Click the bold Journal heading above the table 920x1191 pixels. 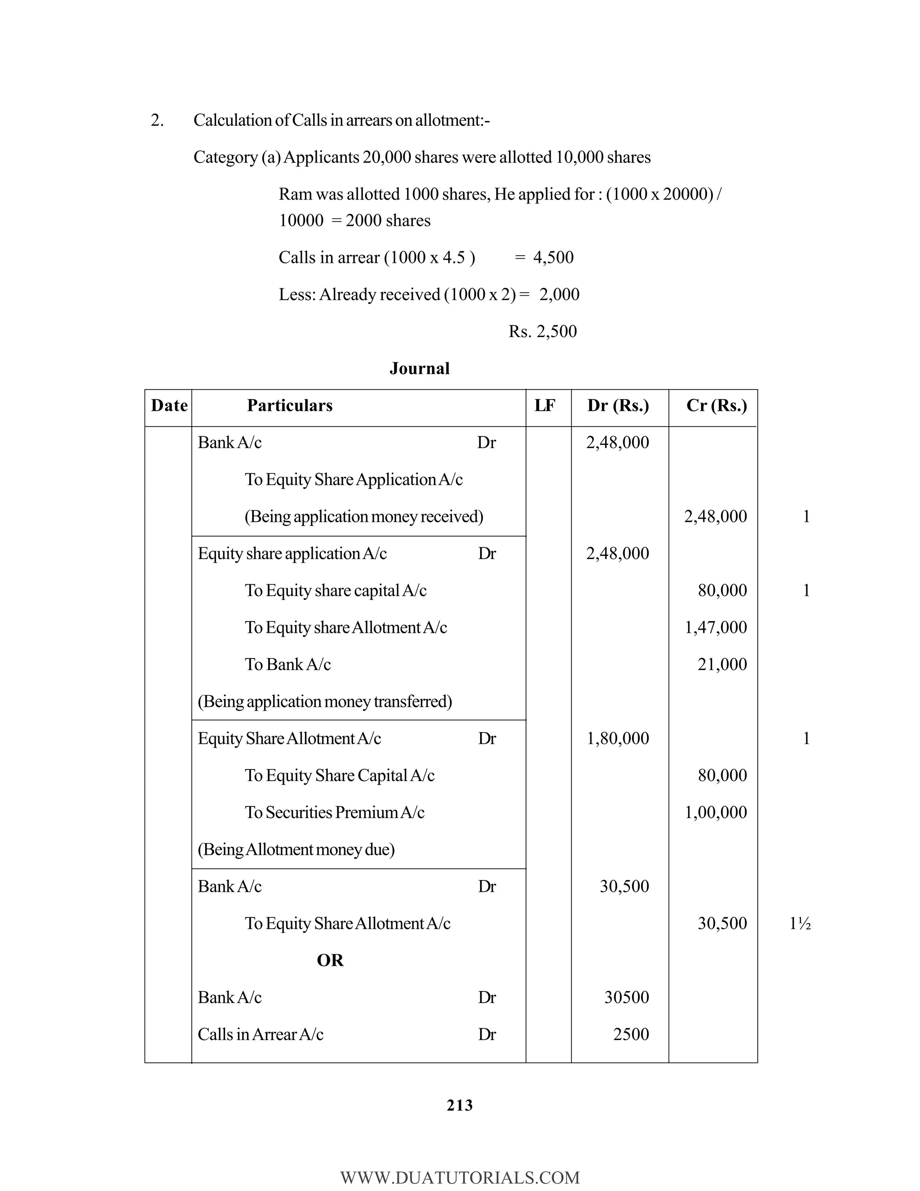419,369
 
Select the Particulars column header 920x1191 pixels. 289,406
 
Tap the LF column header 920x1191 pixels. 544,406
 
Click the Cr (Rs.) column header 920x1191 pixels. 716,406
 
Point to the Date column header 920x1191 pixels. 169,406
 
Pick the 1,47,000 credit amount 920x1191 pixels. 715,628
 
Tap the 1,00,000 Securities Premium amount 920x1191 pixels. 715,813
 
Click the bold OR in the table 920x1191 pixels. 330,960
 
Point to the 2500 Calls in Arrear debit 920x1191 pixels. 631,1035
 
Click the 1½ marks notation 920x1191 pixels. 800,924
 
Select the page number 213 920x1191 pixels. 460,1106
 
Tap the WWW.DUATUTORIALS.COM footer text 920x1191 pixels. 460,1178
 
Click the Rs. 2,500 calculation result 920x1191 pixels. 542,332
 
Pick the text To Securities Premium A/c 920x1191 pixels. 334,813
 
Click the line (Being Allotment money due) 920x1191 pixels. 296,849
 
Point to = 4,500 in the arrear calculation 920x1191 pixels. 544,258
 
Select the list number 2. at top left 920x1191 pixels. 157,120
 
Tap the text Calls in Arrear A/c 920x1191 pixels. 261,1035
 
